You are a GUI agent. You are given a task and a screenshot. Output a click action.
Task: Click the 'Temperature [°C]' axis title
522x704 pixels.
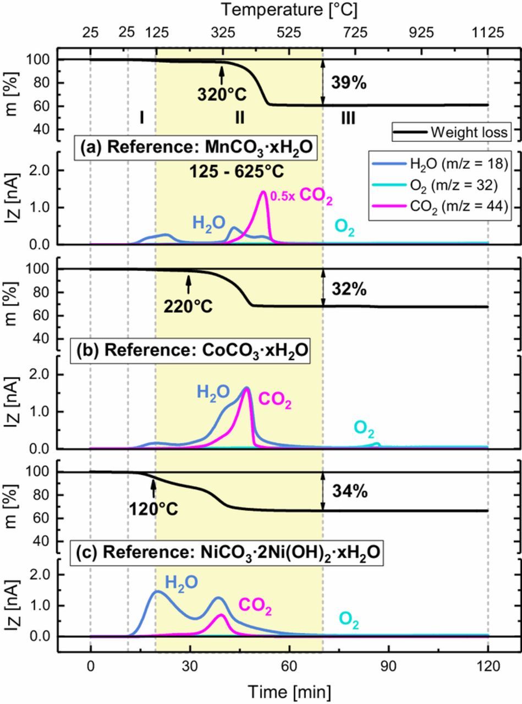point(289,9)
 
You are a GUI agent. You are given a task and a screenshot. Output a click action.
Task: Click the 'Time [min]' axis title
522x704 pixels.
point(289,691)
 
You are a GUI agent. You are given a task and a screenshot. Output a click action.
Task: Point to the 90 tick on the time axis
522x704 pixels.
point(388,667)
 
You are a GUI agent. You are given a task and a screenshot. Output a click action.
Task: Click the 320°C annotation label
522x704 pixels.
point(222,95)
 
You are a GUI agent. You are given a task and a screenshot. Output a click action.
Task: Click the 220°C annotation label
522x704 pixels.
point(188,306)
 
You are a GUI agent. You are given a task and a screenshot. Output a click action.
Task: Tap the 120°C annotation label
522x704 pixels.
point(153,509)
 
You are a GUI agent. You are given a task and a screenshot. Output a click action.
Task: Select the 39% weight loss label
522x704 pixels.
point(349,83)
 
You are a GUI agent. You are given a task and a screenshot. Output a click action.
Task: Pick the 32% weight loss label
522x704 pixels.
point(349,289)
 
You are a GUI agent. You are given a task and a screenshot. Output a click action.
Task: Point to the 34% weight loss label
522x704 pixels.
point(349,491)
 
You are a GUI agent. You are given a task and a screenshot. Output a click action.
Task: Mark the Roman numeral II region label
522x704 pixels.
point(239,118)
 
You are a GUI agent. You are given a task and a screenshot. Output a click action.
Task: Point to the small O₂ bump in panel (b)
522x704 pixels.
point(377,443)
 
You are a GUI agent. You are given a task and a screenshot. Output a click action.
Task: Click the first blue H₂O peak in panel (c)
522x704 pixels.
point(157,592)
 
